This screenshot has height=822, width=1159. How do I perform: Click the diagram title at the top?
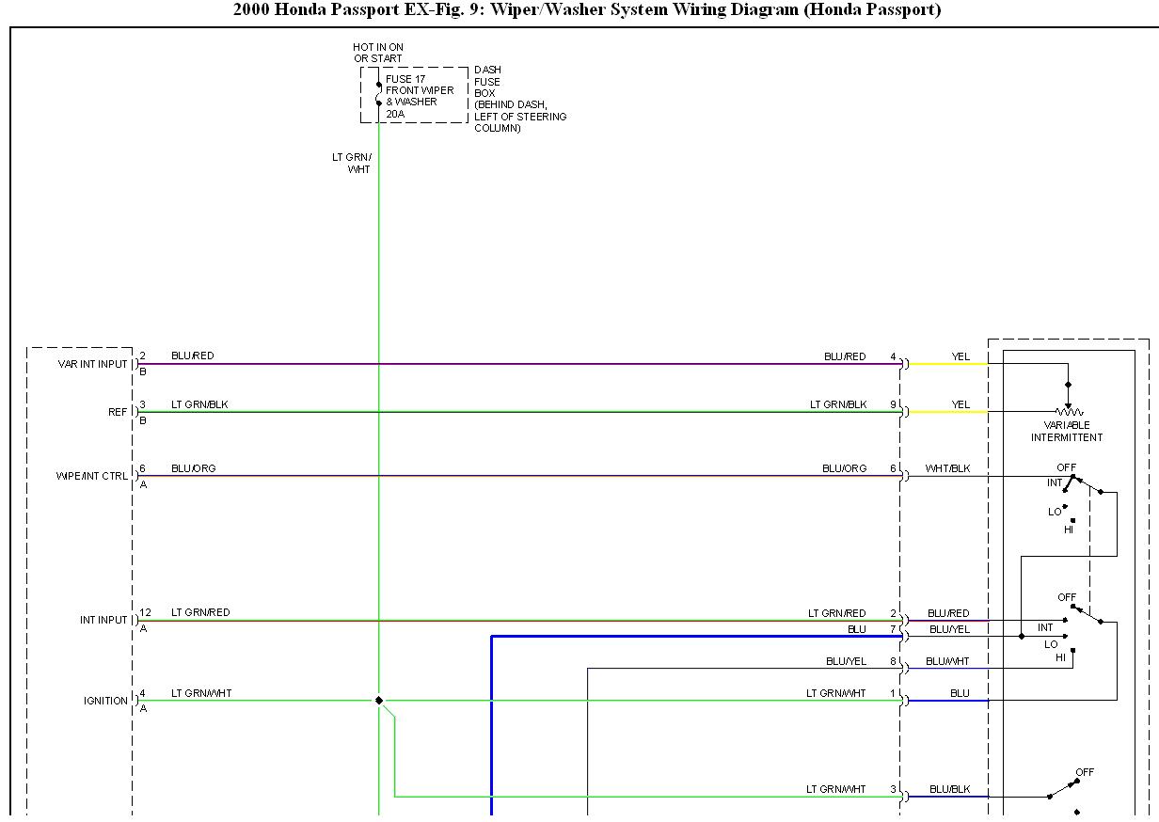[x=587, y=10]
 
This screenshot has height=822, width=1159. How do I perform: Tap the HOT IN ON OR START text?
[x=378, y=53]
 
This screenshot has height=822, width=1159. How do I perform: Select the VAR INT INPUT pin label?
[x=92, y=364]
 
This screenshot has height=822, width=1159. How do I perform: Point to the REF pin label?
[x=118, y=412]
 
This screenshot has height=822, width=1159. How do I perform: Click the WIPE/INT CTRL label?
[x=92, y=476]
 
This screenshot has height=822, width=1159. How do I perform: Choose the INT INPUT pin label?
[x=103, y=621]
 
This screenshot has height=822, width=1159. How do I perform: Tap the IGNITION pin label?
[x=105, y=701]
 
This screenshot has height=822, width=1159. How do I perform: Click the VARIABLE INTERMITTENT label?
[x=1067, y=432]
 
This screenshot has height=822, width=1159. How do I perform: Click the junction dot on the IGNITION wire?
[x=379, y=700]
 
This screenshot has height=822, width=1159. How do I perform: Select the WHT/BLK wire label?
[x=947, y=468]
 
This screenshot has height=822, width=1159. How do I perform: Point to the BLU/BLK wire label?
[x=949, y=789]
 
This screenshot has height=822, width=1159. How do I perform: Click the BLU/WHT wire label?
[x=947, y=661]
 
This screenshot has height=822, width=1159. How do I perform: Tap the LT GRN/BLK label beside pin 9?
[x=838, y=404]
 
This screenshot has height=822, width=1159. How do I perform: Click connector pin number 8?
[x=892, y=661]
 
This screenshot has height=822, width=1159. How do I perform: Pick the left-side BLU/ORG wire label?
[x=193, y=468]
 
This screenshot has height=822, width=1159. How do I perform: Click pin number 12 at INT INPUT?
[x=145, y=612]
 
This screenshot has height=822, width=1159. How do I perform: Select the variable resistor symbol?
[x=1069, y=411]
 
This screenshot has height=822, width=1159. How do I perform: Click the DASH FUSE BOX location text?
[x=520, y=99]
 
